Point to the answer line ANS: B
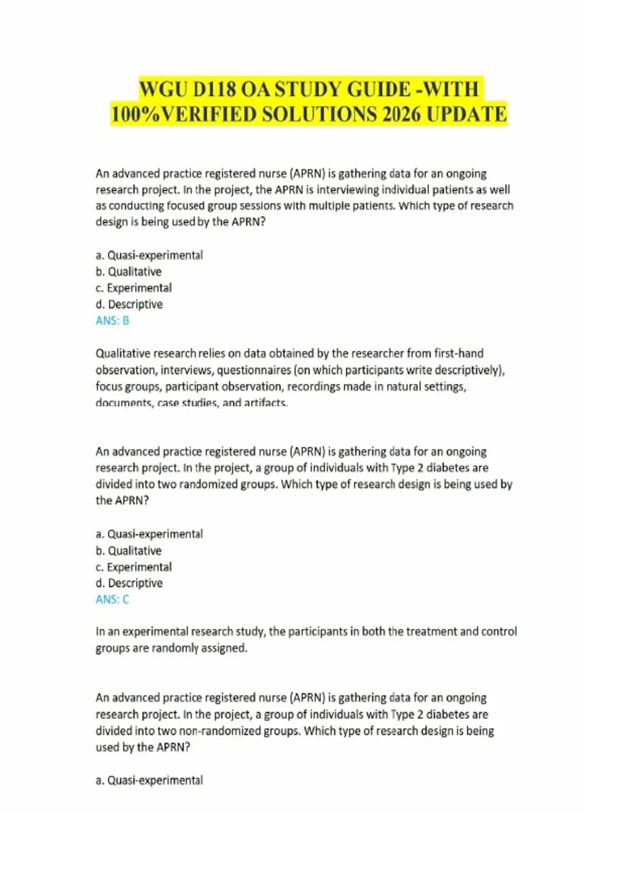(x=112, y=320)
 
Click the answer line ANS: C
(x=112, y=599)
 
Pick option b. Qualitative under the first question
(x=129, y=271)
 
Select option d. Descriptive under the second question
(x=129, y=583)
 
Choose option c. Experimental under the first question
(x=134, y=288)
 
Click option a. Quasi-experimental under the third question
(x=149, y=780)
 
